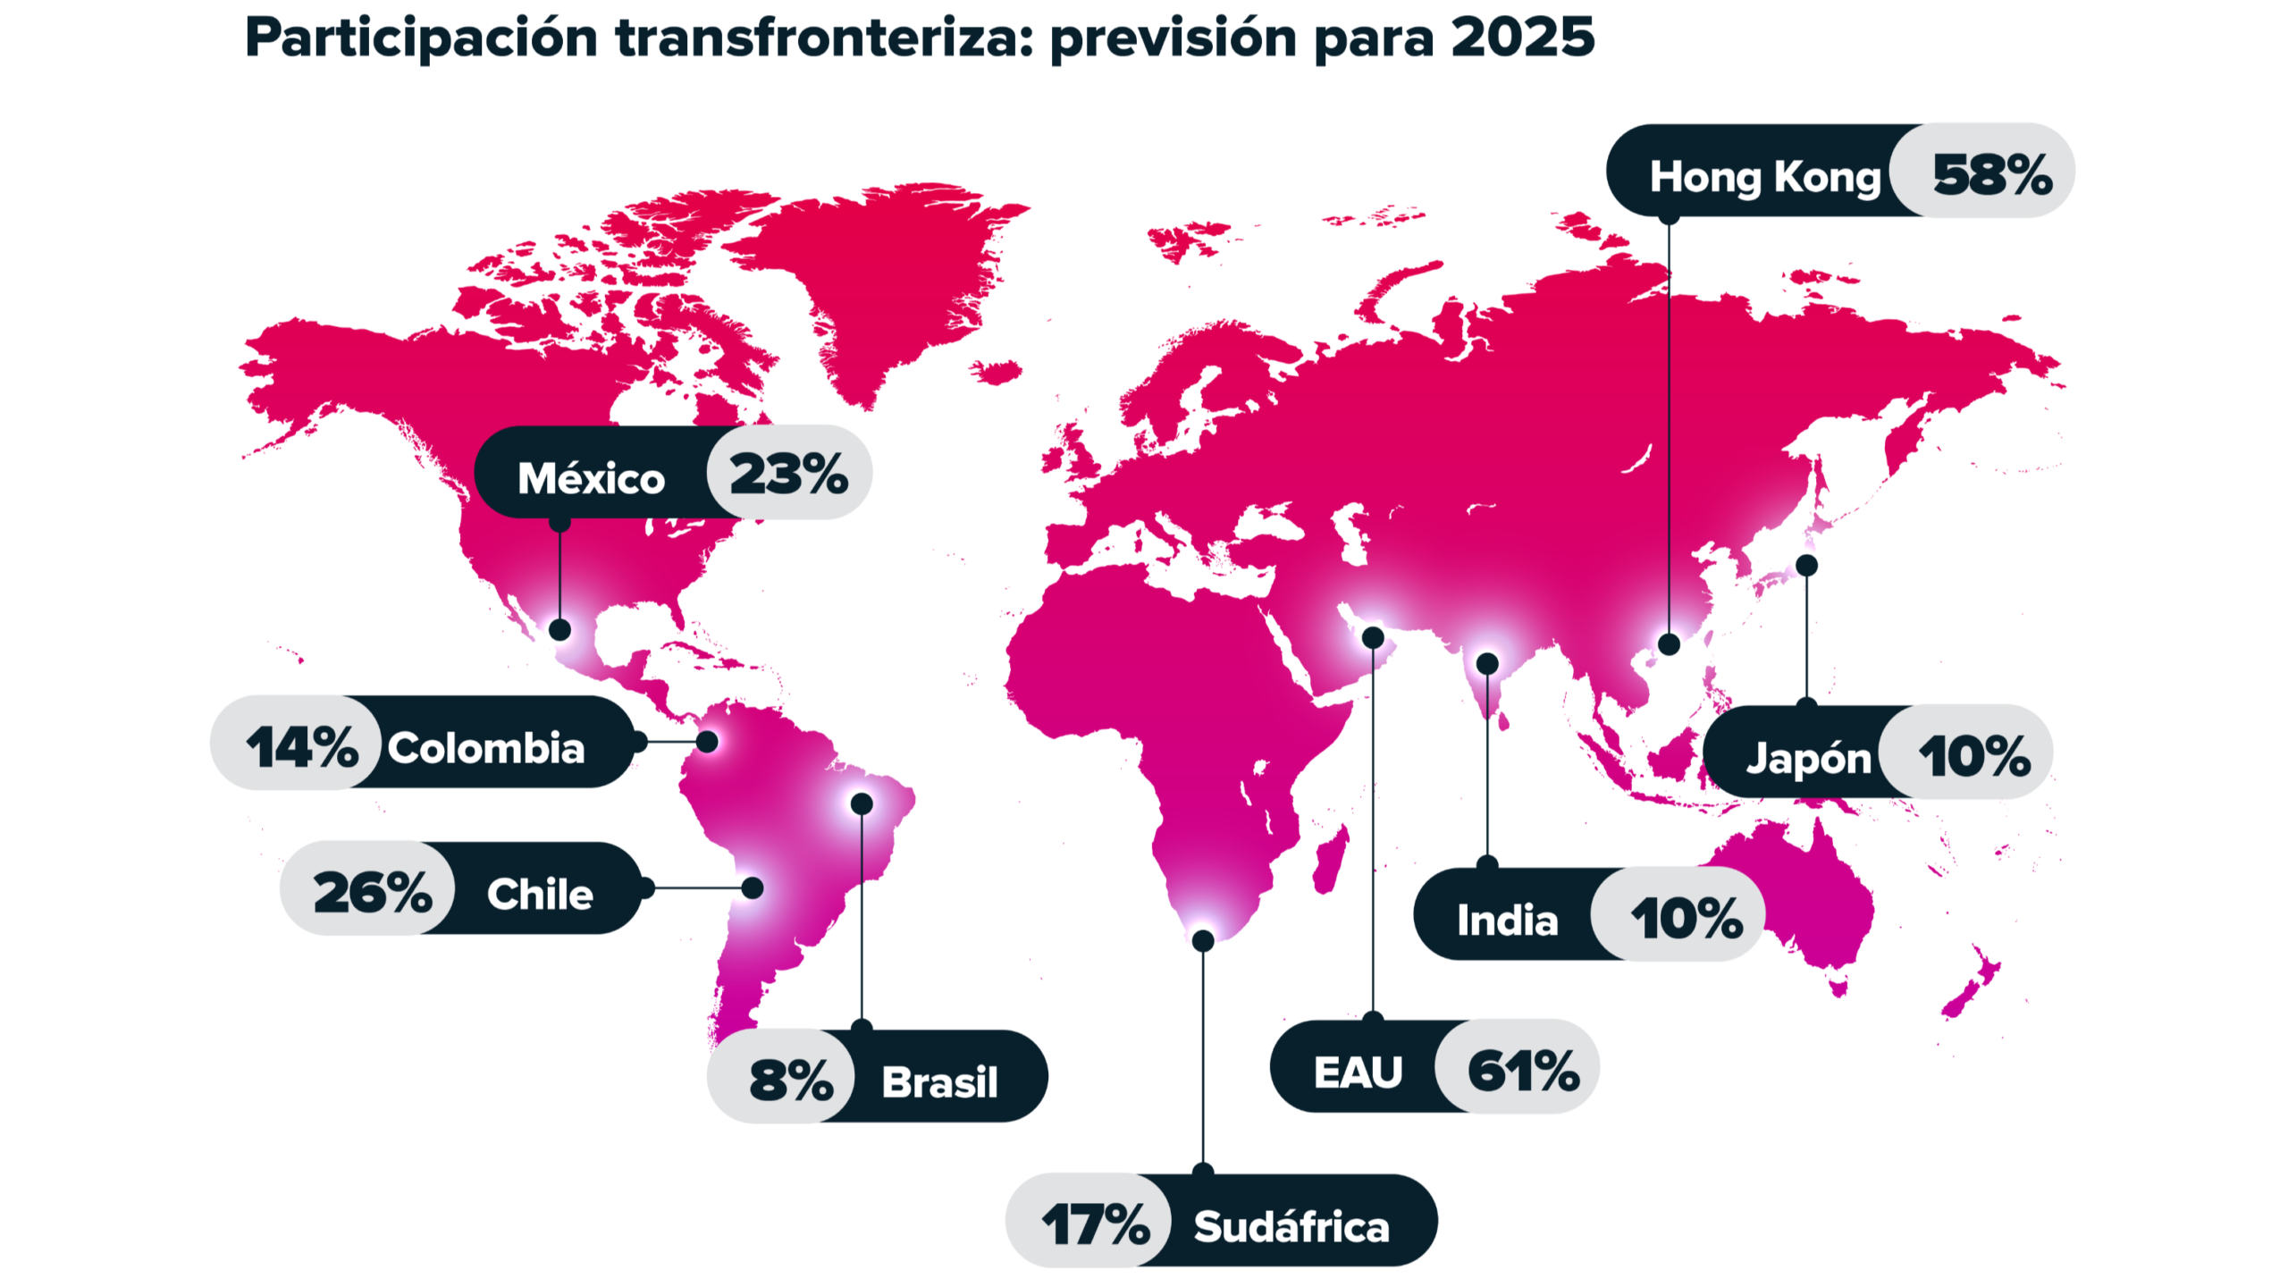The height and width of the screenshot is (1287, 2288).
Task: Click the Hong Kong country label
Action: point(1764,177)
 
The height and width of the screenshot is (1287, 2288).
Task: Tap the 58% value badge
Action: point(1991,174)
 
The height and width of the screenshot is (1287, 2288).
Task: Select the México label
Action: point(591,478)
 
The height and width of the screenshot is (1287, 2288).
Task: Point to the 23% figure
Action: point(788,474)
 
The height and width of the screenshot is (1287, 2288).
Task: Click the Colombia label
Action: point(486,747)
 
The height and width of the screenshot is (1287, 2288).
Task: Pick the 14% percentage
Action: point(302,747)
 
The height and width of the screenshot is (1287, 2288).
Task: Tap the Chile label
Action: point(540,893)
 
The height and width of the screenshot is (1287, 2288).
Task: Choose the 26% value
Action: point(373,892)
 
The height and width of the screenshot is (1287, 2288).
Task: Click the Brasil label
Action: point(939,1081)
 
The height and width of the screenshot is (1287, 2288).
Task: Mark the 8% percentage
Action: point(791,1080)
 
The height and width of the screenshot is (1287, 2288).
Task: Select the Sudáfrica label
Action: point(1291,1226)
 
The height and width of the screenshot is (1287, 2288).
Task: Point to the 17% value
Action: point(1096,1224)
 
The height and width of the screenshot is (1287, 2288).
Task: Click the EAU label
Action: point(1358,1072)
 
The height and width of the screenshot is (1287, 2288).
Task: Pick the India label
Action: point(1507,920)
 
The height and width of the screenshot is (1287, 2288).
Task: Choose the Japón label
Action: point(1808,758)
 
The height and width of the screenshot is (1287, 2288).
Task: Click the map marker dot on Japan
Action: point(1806,565)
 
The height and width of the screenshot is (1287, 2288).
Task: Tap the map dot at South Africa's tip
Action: point(1203,940)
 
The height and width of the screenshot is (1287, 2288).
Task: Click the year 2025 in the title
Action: point(1522,38)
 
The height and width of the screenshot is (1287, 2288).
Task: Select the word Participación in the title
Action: point(421,38)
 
